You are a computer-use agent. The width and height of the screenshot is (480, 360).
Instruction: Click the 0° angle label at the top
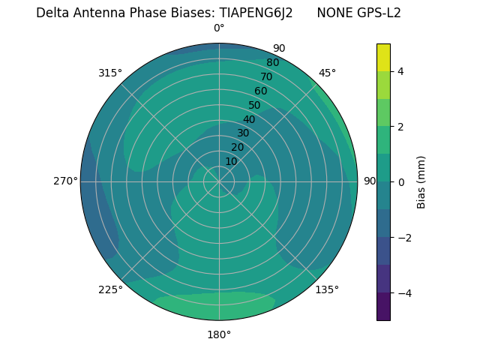(219, 28)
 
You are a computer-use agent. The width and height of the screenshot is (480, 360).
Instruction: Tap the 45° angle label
(327, 73)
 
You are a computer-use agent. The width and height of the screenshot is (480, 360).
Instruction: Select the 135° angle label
(327, 289)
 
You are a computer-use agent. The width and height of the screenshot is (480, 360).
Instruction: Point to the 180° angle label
(219, 334)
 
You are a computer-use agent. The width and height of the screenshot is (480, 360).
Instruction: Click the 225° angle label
(110, 289)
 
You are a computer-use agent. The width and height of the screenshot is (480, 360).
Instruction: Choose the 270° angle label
(65, 181)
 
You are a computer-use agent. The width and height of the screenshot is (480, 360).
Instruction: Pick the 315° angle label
(110, 73)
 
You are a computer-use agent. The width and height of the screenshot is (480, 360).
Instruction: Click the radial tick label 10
(231, 161)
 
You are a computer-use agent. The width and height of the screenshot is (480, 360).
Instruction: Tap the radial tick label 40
(249, 119)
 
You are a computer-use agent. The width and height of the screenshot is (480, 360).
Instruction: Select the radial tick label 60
(261, 91)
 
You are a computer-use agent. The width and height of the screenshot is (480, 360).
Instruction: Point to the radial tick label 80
(273, 62)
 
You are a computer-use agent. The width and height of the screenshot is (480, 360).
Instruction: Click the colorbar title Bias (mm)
(421, 181)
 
